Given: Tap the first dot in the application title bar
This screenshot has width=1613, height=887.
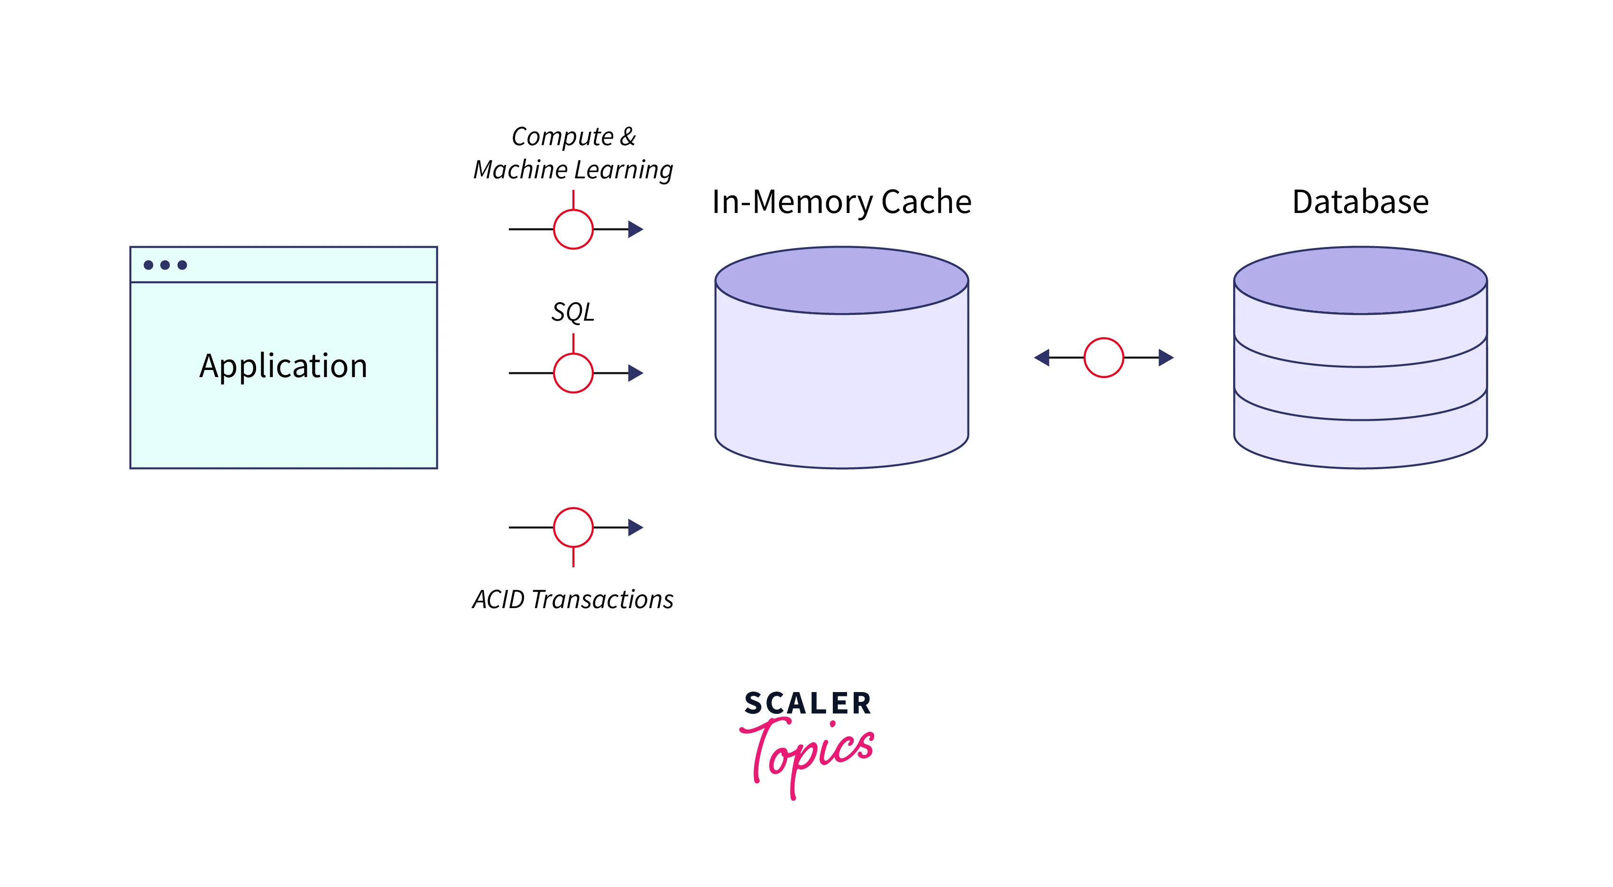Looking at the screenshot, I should [x=148, y=265].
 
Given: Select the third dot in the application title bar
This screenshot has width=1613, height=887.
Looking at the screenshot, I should [x=182, y=265].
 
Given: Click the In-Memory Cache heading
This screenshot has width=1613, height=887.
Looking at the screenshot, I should [x=841, y=203].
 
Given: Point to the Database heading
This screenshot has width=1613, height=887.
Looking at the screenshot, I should [x=1360, y=203].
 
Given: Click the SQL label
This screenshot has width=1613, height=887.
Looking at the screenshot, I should [x=572, y=312].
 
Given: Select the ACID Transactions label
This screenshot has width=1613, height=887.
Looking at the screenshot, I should [x=572, y=600].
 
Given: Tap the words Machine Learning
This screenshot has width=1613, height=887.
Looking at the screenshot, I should [x=572, y=170].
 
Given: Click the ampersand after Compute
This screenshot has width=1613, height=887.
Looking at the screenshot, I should [x=628, y=137].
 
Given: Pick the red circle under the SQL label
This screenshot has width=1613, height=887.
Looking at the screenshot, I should [x=573, y=373].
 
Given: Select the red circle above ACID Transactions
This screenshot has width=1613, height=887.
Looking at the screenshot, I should [x=573, y=527].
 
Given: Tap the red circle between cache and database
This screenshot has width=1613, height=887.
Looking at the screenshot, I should [x=1103, y=358].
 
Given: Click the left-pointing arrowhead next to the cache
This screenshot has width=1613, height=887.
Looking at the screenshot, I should [x=1042, y=358].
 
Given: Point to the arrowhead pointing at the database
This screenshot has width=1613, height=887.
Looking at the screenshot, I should [x=1165, y=358].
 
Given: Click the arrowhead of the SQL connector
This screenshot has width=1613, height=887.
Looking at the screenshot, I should [x=636, y=373].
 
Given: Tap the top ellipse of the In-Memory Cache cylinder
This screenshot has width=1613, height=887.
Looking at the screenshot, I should [x=841, y=280].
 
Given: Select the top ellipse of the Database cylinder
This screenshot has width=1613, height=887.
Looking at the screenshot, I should [x=1360, y=280].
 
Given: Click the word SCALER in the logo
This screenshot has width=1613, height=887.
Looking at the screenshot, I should [x=807, y=703].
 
